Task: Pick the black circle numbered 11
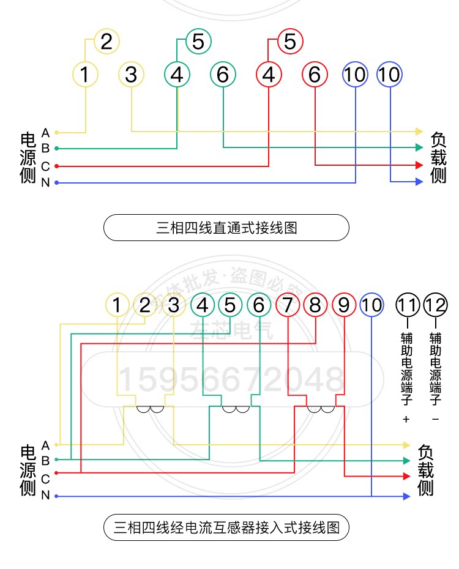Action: point(408,304)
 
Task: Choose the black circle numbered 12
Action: point(436,304)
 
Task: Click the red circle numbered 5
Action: point(290,42)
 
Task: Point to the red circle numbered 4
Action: point(268,75)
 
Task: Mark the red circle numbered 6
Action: point(315,75)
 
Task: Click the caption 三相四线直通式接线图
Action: point(226,228)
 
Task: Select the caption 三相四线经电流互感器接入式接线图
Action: point(226,527)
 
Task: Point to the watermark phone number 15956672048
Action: point(231,379)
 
